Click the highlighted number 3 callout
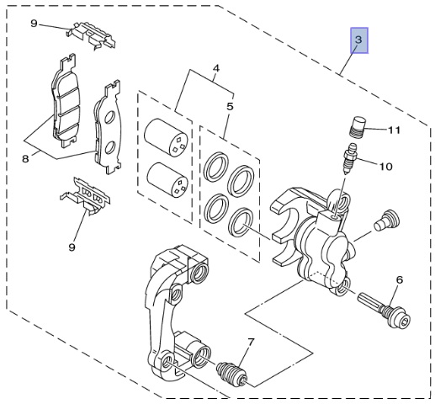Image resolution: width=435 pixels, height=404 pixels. coord(358,40)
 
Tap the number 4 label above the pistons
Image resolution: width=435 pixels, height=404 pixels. coord(216,68)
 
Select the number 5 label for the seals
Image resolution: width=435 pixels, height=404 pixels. coord(230,107)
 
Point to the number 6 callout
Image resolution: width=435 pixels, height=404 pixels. coord(400,279)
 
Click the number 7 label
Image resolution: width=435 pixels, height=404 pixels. coord(251,342)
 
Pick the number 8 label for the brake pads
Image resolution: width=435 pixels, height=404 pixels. coord(25,159)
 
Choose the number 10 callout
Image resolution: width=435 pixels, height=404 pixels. coord(386,167)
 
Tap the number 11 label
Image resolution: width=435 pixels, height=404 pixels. coord(394,130)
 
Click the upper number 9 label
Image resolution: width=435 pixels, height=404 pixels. coord(34,24)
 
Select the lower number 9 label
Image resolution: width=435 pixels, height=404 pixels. coord(72,247)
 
